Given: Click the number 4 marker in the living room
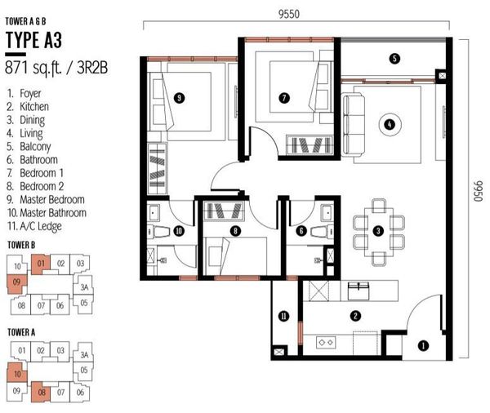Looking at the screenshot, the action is [x=390, y=124].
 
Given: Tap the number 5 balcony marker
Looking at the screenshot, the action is [x=394, y=59].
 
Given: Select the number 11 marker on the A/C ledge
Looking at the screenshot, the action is [x=283, y=317].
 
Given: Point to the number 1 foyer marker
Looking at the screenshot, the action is [x=423, y=346].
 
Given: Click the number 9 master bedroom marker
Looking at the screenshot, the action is [x=179, y=98].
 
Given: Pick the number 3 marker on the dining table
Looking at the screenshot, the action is [x=378, y=231].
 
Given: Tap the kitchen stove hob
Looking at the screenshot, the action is [x=326, y=343].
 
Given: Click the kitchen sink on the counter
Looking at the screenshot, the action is [x=359, y=291].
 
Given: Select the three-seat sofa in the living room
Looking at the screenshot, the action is [x=353, y=126].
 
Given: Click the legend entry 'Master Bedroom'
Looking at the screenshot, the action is [x=52, y=199].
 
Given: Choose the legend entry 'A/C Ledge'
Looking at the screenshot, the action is [x=41, y=226].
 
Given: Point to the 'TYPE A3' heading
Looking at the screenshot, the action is [x=33, y=40].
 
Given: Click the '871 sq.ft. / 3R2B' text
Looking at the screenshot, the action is [x=56, y=68].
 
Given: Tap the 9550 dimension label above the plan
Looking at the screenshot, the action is [x=289, y=14].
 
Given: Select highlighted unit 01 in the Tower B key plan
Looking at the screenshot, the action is [x=40, y=264].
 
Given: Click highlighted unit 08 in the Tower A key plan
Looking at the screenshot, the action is [x=41, y=392].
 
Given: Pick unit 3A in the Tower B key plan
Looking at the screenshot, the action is [x=84, y=286].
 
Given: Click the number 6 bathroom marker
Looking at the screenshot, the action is [x=301, y=231].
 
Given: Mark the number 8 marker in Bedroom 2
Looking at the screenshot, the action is [x=235, y=231].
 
